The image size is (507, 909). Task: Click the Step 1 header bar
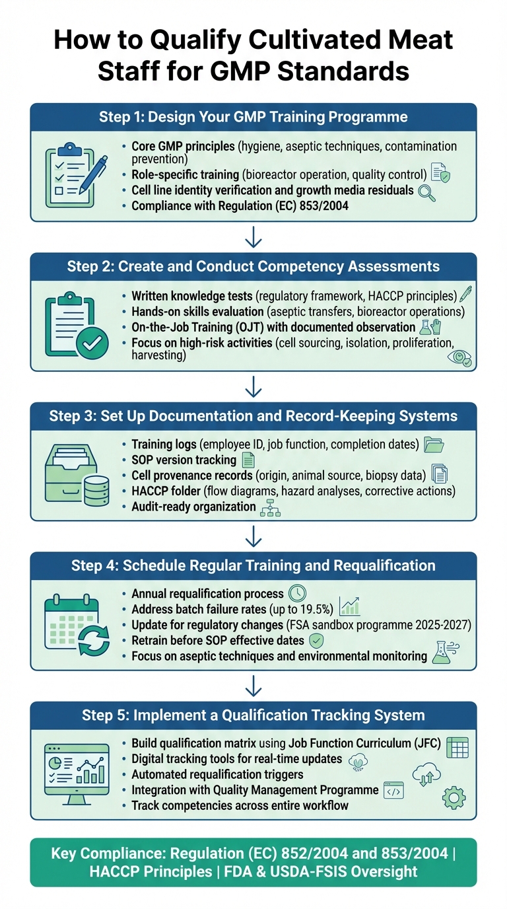(253, 118)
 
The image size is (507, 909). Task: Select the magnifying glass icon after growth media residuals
(427, 192)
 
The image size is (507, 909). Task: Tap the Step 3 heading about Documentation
(253, 417)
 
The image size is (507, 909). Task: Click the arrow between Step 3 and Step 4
(253, 536)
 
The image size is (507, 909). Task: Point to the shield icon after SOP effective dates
(317, 641)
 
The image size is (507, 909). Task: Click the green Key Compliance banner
(253, 862)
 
